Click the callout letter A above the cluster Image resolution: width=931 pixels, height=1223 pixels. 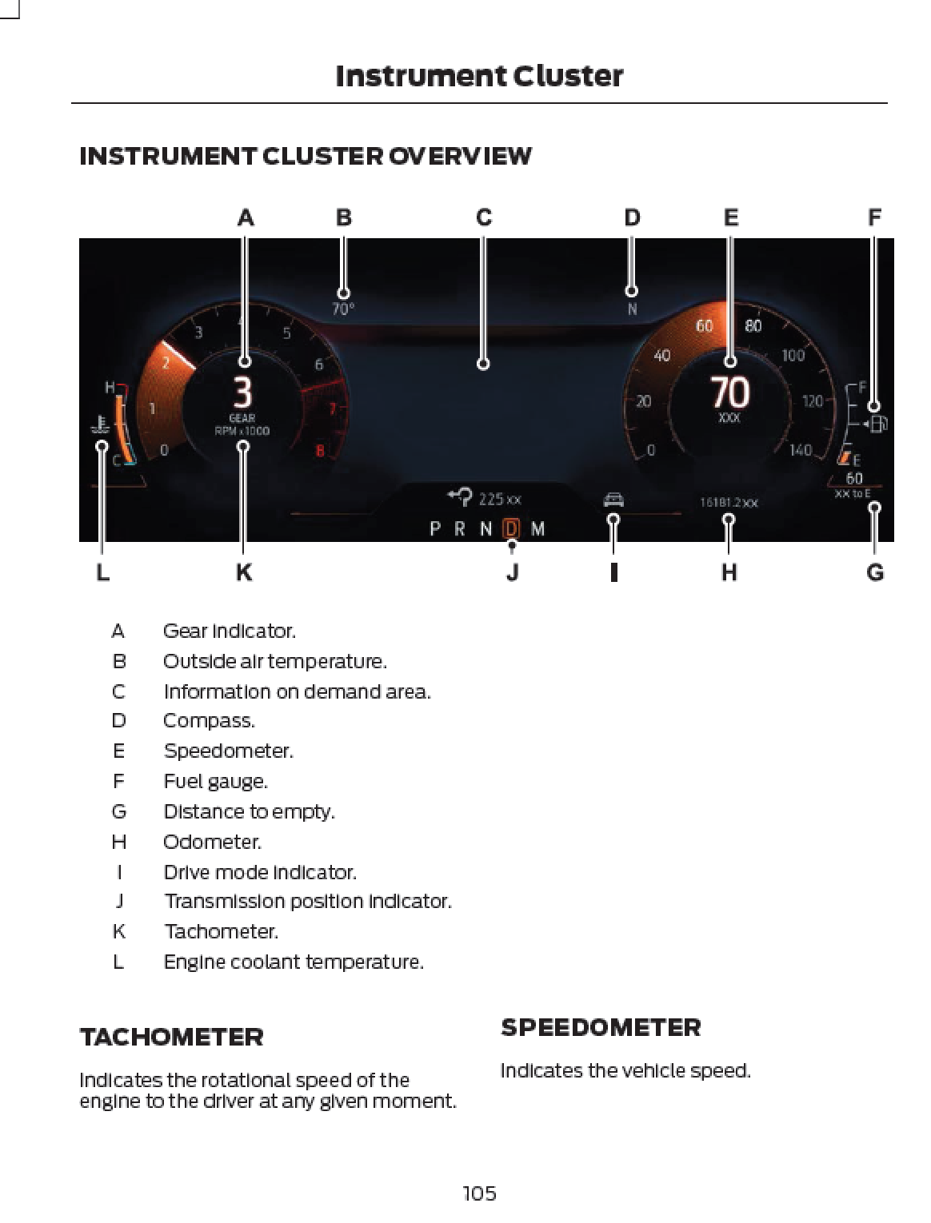point(246,217)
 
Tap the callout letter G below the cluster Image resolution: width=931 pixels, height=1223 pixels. point(875,572)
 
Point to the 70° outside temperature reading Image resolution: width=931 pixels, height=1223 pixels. point(343,309)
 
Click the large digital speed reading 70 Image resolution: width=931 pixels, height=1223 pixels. point(729,392)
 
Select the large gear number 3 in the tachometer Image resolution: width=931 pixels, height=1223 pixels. point(242,392)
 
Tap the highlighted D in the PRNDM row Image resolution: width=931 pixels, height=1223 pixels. point(511,528)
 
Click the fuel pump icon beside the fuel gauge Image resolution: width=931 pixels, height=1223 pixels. point(877,424)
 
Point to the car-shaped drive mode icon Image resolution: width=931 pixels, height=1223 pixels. point(613,500)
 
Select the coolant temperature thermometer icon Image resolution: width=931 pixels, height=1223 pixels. point(100,425)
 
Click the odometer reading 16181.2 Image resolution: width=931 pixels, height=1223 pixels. point(728,503)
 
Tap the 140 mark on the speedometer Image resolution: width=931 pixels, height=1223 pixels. point(801,450)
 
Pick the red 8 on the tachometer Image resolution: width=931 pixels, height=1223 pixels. point(320,451)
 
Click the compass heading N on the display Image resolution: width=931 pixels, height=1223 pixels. point(632,309)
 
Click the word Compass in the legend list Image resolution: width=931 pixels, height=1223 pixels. point(209,721)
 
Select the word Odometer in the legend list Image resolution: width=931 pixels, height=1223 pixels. point(212,842)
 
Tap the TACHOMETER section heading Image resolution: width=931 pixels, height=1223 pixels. point(171,1038)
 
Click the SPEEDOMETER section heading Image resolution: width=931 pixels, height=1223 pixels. point(601,1028)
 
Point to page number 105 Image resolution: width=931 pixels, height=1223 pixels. point(479,1193)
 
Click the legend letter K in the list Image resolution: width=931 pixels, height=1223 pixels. point(118,931)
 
